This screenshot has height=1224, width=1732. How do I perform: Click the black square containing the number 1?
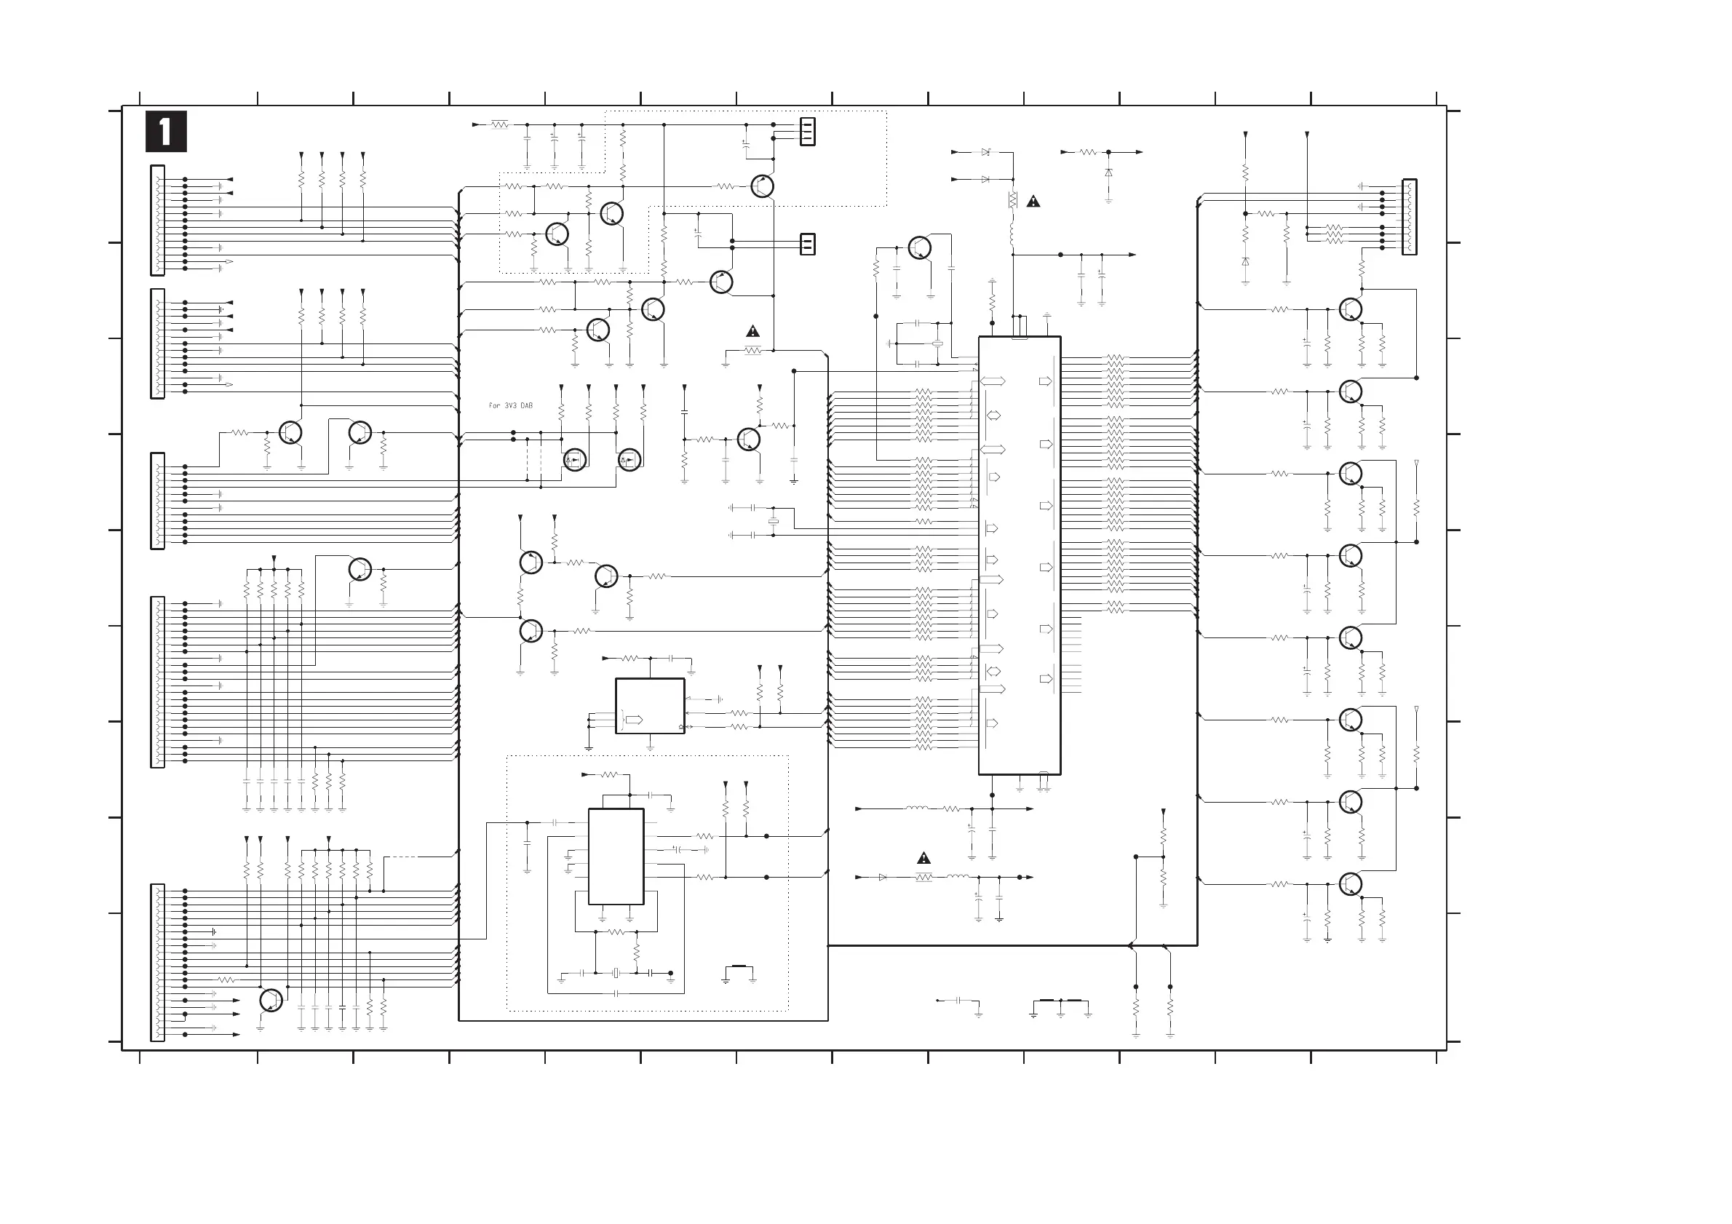166,132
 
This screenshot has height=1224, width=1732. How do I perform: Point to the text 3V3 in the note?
510,406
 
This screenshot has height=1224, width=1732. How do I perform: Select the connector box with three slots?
807,131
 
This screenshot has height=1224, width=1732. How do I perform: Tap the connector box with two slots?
807,245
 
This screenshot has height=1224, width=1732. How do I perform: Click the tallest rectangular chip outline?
1019,555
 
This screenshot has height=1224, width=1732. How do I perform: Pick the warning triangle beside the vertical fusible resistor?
1033,202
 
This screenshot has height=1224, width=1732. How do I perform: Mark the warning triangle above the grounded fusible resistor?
753,331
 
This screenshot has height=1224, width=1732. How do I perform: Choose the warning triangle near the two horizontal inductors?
923,858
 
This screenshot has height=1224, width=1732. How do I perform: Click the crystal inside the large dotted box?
616,973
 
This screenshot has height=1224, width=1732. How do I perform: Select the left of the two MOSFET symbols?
575,458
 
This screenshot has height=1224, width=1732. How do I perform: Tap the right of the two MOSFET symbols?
629,458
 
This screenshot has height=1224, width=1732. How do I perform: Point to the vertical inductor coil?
1012,234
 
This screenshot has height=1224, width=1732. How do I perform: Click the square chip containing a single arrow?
649,706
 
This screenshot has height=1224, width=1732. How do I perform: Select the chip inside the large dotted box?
616,856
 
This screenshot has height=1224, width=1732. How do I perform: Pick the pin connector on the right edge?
1409,216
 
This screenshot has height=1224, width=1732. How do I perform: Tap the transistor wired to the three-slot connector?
763,186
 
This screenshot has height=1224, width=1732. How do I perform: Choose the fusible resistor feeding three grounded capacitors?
499,124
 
